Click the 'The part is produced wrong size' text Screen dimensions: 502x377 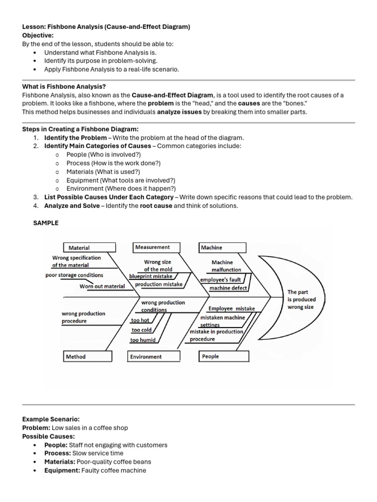(301, 300)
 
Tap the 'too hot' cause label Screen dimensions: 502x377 (140, 320)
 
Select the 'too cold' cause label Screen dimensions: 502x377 (141, 330)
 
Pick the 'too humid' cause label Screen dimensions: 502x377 (143, 340)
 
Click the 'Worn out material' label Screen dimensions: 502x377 (102, 286)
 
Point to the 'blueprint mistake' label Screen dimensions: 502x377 (151, 276)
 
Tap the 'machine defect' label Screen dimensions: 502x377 (228, 288)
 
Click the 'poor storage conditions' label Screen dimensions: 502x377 (74, 275)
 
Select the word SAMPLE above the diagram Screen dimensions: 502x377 (46, 223)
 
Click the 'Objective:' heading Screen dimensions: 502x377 (38, 35)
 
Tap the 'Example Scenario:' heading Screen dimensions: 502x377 (51, 419)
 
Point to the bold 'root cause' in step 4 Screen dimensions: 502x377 (156, 206)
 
